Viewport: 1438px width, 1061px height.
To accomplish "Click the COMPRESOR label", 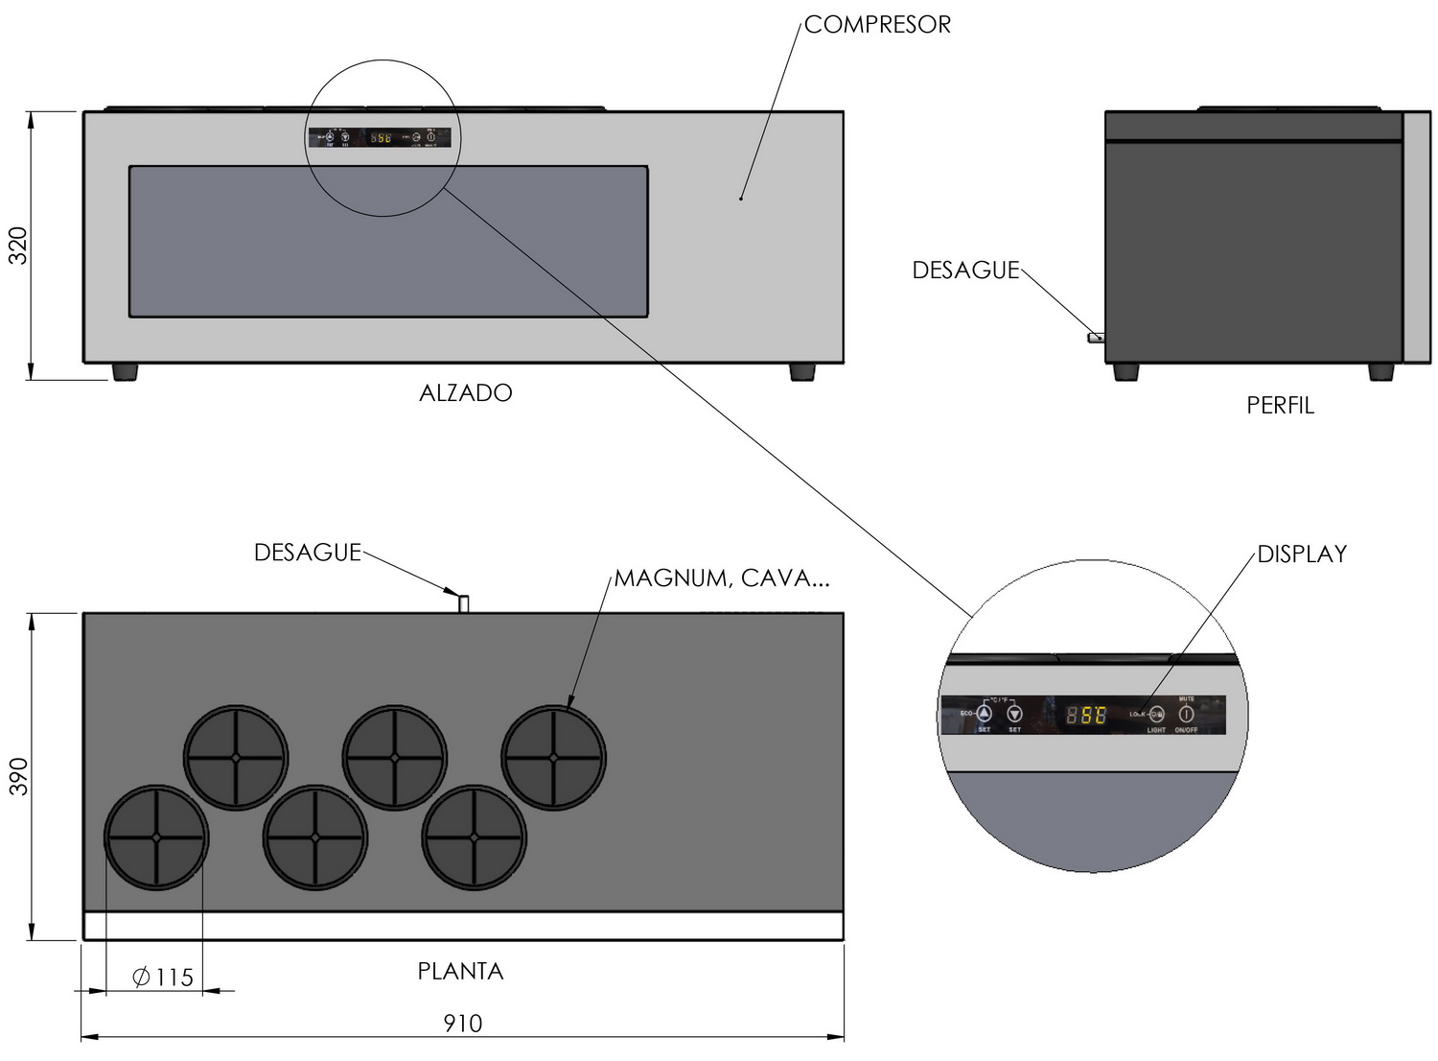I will pyautogui.click(x=876, y=25).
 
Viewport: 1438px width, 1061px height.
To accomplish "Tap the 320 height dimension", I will pyautogui.click(x=18, y=246).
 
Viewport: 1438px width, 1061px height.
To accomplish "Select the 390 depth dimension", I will pyautogui.click(x=18, y=776).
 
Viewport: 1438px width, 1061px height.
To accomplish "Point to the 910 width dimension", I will pyautogui.click(x=462, y=1024).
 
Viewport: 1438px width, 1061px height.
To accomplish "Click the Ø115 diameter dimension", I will pyautogui.click(x=163, y=978).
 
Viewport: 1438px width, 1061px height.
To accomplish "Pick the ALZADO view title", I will pyautogui.click(x=466, y=393).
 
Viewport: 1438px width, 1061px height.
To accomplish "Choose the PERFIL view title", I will pyautogui.click(x=1280, y=406).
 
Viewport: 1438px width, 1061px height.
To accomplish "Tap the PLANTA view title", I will pyautogui.click(x=460, y=972).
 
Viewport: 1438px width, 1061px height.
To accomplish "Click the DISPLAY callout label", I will pyautogui.click(x=1302, y=554).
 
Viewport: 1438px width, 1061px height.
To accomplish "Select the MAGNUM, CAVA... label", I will pyautogui.click(x=721, y=578).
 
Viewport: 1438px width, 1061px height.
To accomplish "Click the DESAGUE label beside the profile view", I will pyautogui.click(x=965, y=271).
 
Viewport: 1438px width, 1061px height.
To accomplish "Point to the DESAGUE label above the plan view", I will pyautogui.click(x=307, y=553).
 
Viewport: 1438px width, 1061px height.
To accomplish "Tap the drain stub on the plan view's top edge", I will pyautogui.click(x=463, y=603).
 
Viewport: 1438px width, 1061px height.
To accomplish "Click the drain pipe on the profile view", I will pyautogui.click(x=1095, y=338).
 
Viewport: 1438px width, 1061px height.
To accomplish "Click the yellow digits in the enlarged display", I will pyautogui.click(x=1086, y=716).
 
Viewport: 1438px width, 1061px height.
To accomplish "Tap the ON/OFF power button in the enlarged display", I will pyautogui.click(x=1186, y=715).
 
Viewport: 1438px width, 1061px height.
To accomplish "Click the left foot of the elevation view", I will pyautogui.click(x=125, y=371).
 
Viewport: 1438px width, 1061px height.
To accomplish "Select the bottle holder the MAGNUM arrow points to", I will pyautogui.click(x=554, y=757).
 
